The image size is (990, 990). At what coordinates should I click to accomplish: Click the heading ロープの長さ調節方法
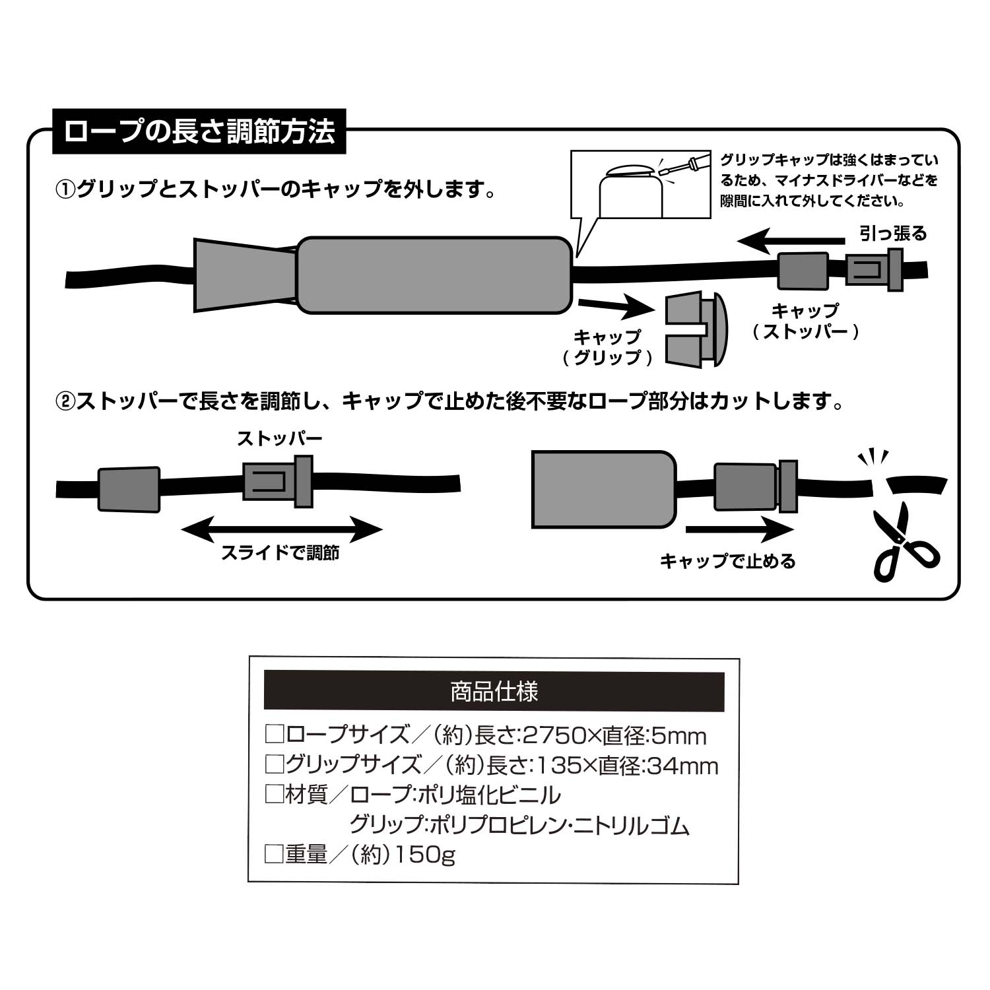[199, 131]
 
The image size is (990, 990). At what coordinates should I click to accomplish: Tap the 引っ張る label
[892, 233]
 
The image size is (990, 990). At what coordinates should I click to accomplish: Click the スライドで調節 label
[280, 552]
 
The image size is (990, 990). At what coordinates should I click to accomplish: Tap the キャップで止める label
[728, 561]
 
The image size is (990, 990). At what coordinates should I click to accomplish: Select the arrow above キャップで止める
[739, 529]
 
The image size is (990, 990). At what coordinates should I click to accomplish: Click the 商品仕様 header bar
[494, 691]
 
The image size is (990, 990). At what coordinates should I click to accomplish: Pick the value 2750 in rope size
[549, 735]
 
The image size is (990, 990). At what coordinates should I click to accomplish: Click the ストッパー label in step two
[279, 439]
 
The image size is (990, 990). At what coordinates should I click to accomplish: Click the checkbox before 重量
[273, 855]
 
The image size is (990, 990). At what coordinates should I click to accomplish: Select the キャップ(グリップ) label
[607, 347]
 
